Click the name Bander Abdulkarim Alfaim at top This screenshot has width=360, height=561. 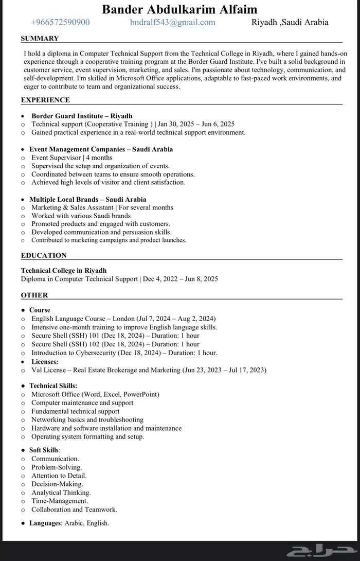179,9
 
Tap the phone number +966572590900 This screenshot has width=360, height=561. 60,22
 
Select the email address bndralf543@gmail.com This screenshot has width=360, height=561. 173,22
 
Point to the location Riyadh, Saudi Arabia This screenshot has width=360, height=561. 290,22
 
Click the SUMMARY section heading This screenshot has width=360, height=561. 40,38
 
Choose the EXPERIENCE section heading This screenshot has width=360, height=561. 45,100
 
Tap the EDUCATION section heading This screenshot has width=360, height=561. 44,255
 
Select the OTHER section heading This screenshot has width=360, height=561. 34,295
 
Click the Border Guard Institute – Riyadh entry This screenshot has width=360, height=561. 82,116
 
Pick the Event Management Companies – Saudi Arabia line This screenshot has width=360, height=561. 101,149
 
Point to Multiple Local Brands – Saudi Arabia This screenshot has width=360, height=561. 87,199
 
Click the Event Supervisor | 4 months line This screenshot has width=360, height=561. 71,157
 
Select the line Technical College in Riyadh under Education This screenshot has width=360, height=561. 64,270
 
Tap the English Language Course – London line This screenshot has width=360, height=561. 123,319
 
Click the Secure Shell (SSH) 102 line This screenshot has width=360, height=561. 115,344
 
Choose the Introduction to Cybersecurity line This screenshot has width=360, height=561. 124,353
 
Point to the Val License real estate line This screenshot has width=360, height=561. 149,370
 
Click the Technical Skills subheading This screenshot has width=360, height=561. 53,385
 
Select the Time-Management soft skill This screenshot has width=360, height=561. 60,501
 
